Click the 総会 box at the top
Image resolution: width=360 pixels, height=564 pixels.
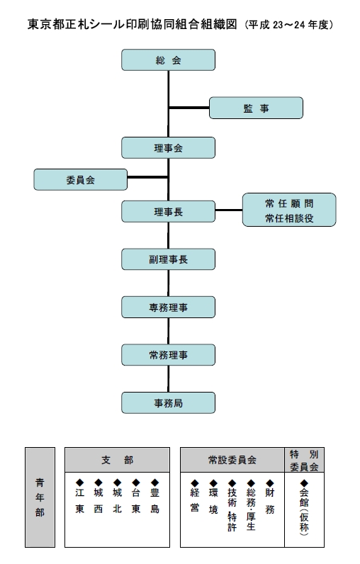click(169, 60)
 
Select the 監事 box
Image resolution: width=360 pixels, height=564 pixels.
click(256, 108)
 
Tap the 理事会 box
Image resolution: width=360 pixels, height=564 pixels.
click(169, 147)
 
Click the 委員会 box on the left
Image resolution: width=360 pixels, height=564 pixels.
click(81, 179)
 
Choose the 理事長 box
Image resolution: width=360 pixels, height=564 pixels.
click(169, 211)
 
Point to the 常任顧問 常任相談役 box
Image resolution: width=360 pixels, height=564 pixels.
click(289, 210)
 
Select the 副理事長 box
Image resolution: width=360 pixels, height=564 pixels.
click(169, 259)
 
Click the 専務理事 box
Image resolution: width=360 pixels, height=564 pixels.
click(169, 307)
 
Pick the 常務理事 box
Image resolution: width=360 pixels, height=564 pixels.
click(169, 355)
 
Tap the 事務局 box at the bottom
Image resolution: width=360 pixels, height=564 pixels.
click(169, 402)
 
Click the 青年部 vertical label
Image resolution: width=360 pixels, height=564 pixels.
click(40, 497)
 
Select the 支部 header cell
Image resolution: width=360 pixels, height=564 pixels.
click(117, 460)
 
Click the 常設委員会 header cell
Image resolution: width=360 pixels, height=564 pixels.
click(232, 460)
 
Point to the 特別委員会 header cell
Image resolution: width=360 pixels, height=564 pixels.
click(304, 460)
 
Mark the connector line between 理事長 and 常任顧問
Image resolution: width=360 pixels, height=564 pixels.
click(229, 210)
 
